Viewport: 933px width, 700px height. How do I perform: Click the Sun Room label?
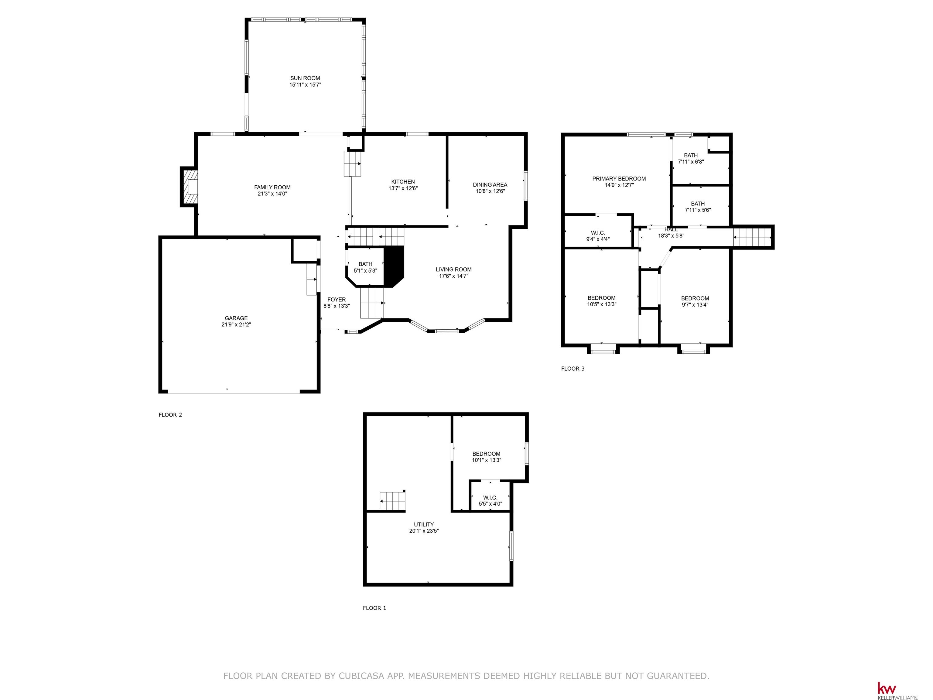(x=305, y=78)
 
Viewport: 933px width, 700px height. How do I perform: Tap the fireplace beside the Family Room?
(x=190, y=187)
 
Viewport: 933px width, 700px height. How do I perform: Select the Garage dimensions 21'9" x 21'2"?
(x=236, y=324)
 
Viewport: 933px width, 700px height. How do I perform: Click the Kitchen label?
(x=403, y=182)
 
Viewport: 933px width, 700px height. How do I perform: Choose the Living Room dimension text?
(x=453, y=276)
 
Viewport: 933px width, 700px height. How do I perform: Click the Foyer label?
(x=337, y=300)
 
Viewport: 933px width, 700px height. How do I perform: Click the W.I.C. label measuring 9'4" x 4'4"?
(x=598, y=233)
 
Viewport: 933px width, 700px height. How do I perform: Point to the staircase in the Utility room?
(x=392, y=501)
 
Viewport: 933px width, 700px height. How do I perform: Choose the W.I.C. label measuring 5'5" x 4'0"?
(x=490, y=498)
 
